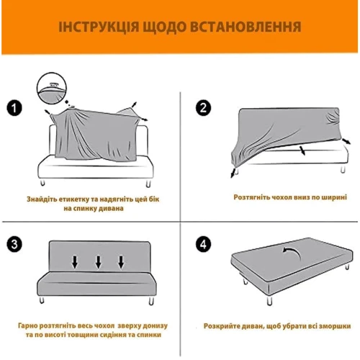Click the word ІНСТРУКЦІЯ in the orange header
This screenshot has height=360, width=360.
(99, 27)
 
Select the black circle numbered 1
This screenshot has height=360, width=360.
(14, 108)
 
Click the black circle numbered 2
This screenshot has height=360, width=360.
(203, 108)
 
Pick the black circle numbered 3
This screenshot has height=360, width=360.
(14, 245)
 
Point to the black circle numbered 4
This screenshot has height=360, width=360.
(203, 245)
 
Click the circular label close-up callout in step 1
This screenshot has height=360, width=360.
(52, 88)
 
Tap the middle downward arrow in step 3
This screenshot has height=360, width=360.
(98, 262)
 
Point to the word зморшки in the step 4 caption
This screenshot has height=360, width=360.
(336, 326)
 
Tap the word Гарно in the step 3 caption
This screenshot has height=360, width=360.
(27, 325)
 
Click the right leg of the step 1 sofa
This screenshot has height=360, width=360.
(148, 184)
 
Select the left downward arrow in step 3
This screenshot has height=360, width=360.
(75, 262)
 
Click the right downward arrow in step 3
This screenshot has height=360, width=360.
(121, 262)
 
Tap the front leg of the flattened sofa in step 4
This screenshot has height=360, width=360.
(270, 300)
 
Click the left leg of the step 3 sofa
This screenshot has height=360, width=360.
(42, 300)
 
